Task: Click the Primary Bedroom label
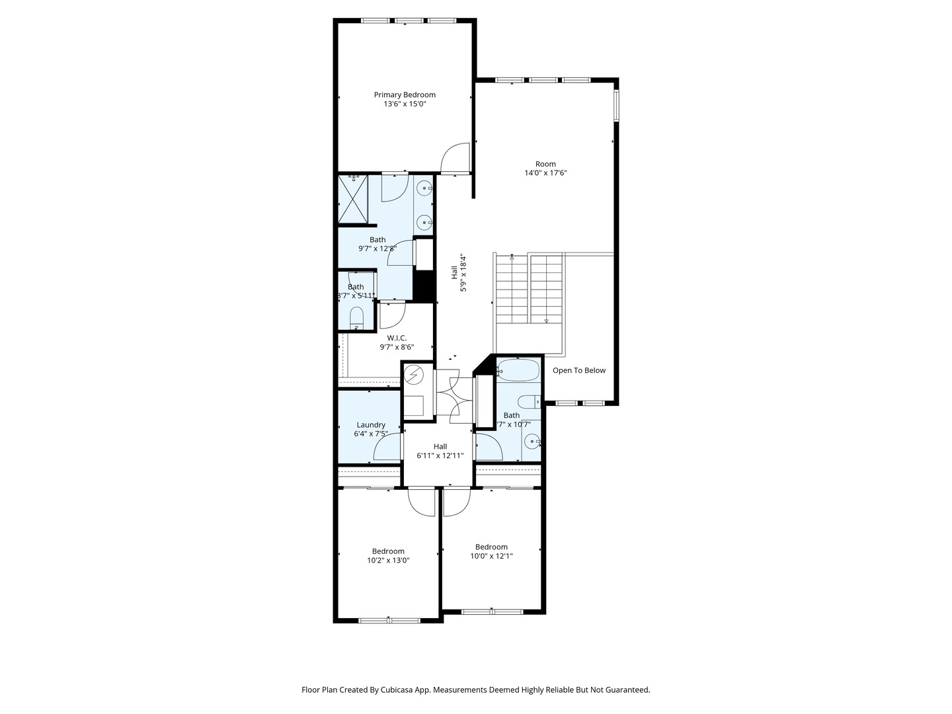(x=405, y=95)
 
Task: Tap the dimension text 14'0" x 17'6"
(x=545, y=173)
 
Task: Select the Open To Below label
(x=578, y=370)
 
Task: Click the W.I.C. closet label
(x=397, y=338)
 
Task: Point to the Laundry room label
(x=370, y=425)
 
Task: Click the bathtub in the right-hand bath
(x=519, y=370)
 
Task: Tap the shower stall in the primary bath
(x=352, y=199)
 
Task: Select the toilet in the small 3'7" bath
(x=356, y=317)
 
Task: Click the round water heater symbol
(x=414, y=376)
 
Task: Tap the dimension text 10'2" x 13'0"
(x=388, y=561)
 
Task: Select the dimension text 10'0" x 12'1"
(x=491, y=556)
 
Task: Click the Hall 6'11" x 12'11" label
(x=440, y=451)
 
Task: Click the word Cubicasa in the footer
(x=399, y=690)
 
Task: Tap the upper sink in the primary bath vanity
(x=423, y=188)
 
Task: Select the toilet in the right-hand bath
(x=530, y=401)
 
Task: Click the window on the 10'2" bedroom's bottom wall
(x=389, y=620)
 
